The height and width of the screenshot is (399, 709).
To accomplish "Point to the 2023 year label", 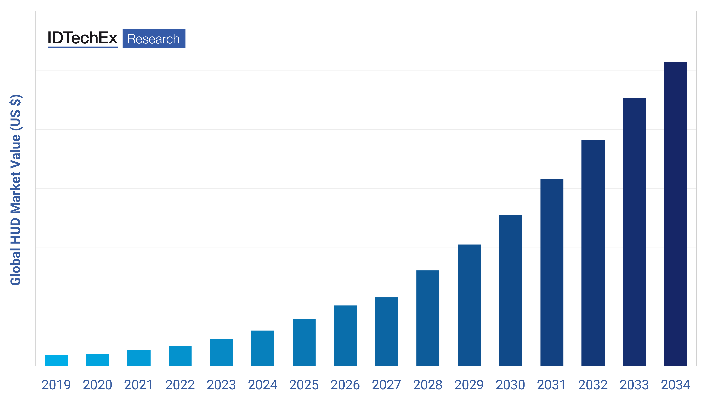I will pyautogui.click(x=221, y=385).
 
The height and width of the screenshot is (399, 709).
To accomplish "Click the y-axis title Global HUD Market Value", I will pyautogui.click(x=16, y=190).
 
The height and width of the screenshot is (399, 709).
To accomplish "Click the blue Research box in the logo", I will pyautogui.click(x=154, y=39).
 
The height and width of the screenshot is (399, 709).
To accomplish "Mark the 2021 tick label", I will pyautogui.click(x=139, y=385).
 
